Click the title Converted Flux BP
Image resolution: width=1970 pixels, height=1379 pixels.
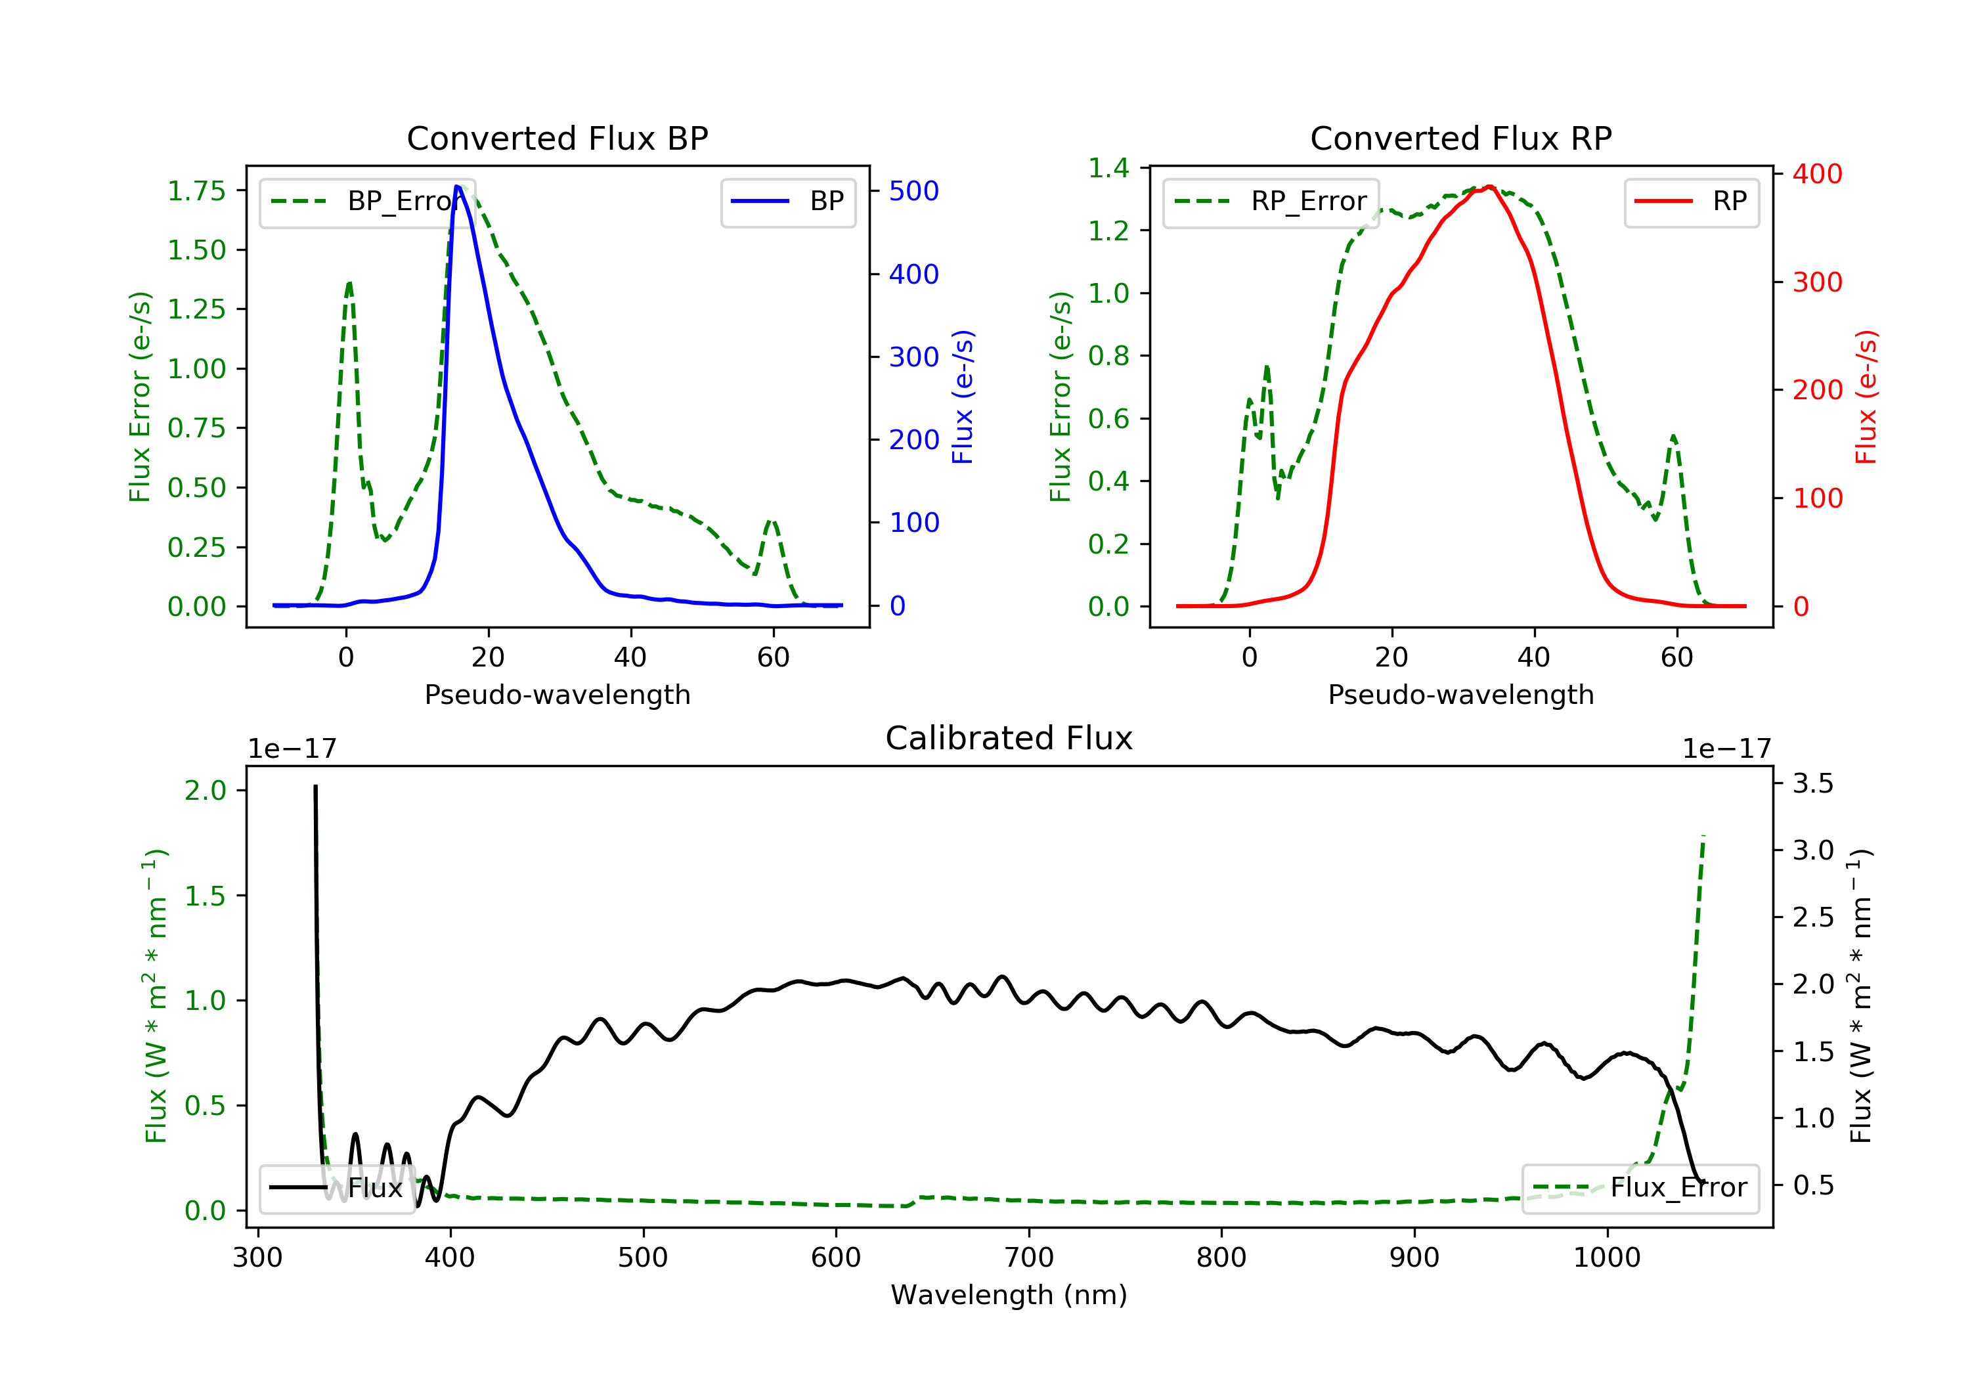click(x=557, y=138)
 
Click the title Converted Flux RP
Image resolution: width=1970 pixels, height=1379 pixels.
click(x=1460, y=138)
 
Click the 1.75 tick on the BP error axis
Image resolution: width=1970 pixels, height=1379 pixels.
click(x=196, y=190)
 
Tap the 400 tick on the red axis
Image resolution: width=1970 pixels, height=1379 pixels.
click(x=1816, y=174)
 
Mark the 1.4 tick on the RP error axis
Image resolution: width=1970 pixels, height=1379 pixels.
click(x=1108, y=168)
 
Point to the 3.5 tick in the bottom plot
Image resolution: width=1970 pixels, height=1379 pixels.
click(x=1812, y=783)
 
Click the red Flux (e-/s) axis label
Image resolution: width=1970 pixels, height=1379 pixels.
click(x=1866, y=397)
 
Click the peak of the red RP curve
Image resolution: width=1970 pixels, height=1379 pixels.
click(x=1489, y=186)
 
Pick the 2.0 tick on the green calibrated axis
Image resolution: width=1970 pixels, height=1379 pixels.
click(x=205, y=791)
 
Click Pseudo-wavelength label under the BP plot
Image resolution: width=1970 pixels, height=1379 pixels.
click(x=557, y=694)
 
